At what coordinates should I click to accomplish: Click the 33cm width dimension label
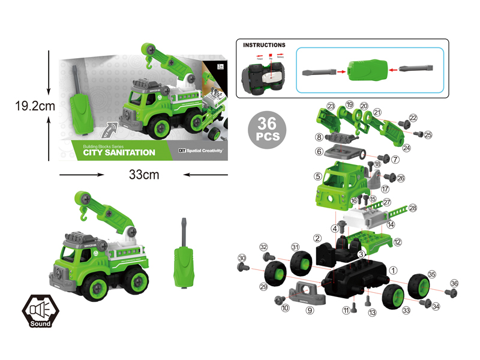[x=143, y=175]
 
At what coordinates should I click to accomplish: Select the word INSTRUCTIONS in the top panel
[x=264, y=45]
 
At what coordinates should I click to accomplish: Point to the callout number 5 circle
[x=317, y=176]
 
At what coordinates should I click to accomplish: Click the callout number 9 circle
[x=310, y=310]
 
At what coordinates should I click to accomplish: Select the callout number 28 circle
[x=413, y=208]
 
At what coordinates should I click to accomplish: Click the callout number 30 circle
[x=242, y=258]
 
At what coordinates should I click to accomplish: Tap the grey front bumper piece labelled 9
[x=305, y=293]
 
